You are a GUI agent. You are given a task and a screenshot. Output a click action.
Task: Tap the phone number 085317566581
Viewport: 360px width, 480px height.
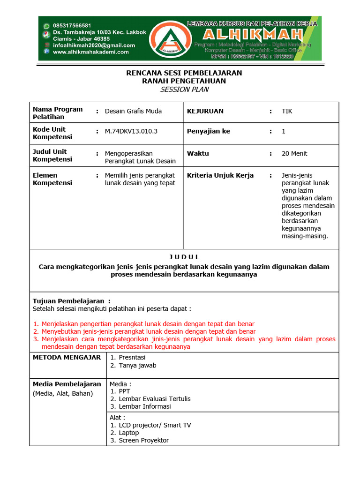click(72, 25)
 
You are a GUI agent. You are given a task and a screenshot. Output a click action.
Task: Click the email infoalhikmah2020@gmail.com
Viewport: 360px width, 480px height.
click(94, 45)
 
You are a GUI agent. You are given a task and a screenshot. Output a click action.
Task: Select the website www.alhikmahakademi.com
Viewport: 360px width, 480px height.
click(91, 52)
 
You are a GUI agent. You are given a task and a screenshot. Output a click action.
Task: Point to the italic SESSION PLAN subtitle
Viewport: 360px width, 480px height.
click(184, 90)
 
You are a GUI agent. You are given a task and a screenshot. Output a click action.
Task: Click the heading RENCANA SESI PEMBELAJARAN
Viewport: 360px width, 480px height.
click(184, 73)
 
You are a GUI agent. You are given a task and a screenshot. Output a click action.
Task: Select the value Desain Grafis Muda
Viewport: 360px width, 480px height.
click(133, 111)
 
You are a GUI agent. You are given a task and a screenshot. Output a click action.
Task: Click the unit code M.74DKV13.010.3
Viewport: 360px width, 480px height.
click(131, 131)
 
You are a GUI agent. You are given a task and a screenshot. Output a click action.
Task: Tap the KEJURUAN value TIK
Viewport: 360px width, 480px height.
click(286, 111)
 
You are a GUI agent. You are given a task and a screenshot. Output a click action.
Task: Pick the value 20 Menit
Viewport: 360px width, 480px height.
click(294, 153)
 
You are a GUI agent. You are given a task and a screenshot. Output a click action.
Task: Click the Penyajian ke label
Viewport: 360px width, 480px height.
click(209, 131)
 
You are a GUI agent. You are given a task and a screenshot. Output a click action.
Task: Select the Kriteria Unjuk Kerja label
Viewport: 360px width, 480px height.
click(220, 175)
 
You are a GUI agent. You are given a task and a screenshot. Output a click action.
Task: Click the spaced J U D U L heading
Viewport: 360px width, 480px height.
click(184, 257)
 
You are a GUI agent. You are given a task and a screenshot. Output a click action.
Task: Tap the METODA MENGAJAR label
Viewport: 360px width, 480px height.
click(67, 358)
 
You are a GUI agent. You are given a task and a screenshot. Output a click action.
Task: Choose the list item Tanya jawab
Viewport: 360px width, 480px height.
click(137, 365)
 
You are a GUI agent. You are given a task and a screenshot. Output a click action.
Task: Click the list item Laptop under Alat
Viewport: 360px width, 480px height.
click(129, 433)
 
